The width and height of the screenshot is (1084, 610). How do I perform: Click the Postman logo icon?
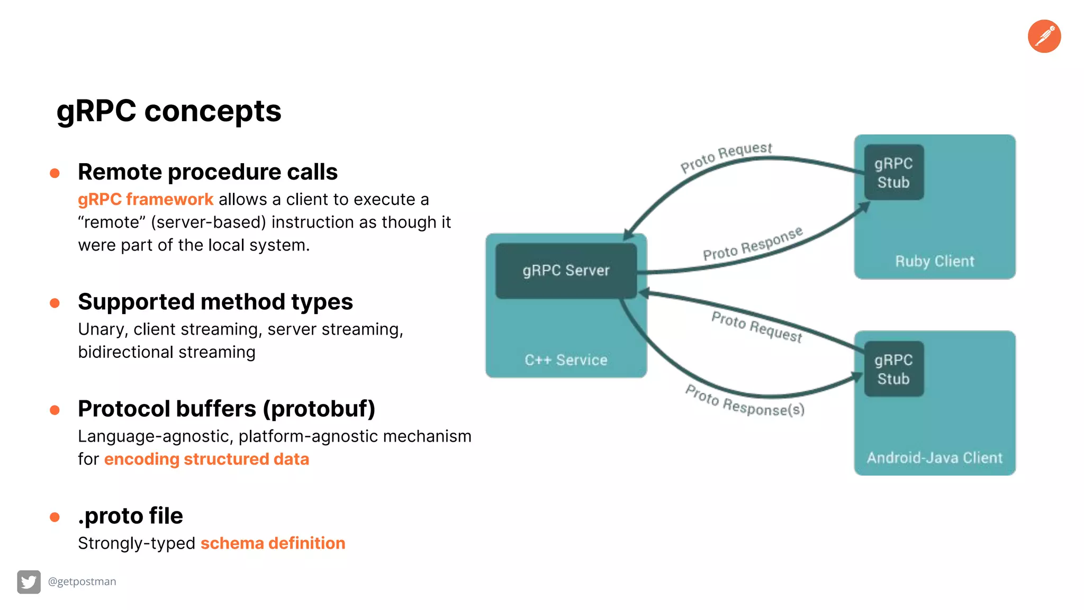click(x=1044, y=37)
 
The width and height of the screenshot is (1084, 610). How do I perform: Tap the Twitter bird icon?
click(x=29, y=582)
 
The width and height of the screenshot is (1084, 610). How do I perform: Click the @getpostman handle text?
click(x=82, y=581)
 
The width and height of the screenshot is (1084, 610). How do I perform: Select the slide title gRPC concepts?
click(x=169, y=111)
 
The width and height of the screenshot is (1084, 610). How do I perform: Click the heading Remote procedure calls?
click(x=207, y=172)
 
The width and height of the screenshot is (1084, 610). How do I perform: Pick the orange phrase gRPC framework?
click(x=146, y=200)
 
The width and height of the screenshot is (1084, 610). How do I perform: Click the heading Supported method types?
click(x=215, y=302)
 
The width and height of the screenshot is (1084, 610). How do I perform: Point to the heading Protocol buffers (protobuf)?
click(x=227, y=409)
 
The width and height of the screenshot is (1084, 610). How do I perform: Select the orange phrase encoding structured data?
click(x=206, y=459)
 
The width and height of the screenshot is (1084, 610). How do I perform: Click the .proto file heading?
click(x=130, y=516)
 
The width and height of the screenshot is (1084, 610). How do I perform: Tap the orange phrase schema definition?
click(x=273, y=543)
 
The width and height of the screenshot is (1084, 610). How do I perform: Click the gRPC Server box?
click(x=566, y=271)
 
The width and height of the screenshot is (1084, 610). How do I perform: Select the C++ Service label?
click(x=566, y=360)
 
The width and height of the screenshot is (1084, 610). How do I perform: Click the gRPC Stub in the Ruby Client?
click(x=893, y=173)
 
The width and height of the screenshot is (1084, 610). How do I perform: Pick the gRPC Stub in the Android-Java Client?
click(x=893, y=369)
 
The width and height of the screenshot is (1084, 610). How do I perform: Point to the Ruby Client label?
click(x=934, y=261)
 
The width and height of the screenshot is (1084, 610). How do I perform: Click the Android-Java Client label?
click(x=934, y=457)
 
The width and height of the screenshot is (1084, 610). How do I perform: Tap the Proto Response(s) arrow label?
click(x=745, y=401)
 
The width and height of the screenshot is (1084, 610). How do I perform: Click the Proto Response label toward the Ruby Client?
click(x=752, y=245)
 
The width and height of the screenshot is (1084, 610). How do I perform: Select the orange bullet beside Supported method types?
click(x=55, y=303)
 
